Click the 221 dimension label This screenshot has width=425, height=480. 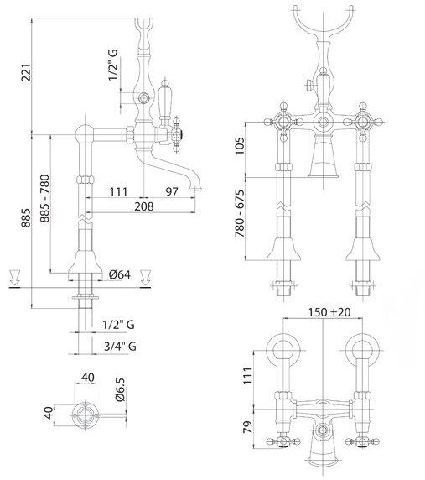(26, 72)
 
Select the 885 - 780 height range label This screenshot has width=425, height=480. (44, 198)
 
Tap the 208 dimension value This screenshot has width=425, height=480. (143, 206)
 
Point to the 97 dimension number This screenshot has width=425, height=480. (172, 191)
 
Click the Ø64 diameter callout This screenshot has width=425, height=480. (120, 274)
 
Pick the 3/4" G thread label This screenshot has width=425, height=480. (120, 347)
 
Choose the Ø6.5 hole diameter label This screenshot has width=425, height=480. (120, 389)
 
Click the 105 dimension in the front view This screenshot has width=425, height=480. (240, 146)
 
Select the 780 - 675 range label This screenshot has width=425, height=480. (240, 214)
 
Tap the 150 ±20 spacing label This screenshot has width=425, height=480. (329, 312)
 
